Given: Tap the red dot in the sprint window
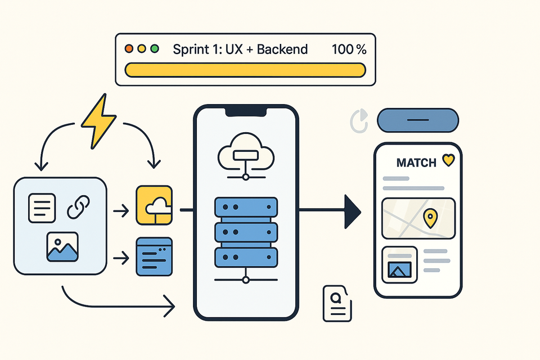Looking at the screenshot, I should tap(129, 49).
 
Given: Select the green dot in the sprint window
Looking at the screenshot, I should tap(155, 49).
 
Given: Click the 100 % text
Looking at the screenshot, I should tap(349, 49).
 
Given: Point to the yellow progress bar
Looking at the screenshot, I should tap(245, 70).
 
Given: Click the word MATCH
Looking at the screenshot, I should tap(416, 163).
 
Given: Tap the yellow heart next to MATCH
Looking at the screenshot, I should tap(448, 161).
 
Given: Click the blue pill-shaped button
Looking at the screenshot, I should tap(418, 120).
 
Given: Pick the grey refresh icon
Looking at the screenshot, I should tap(358, 121).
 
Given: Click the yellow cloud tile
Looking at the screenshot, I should tap(154, 205).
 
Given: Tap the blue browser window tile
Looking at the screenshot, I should tap(154, 256).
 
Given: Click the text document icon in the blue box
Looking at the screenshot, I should tap(42, 208).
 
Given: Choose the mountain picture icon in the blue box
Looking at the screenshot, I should tap(62, 247).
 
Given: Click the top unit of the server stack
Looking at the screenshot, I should tap(246, 208).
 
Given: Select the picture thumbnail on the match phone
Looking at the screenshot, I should tap(399, 264).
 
